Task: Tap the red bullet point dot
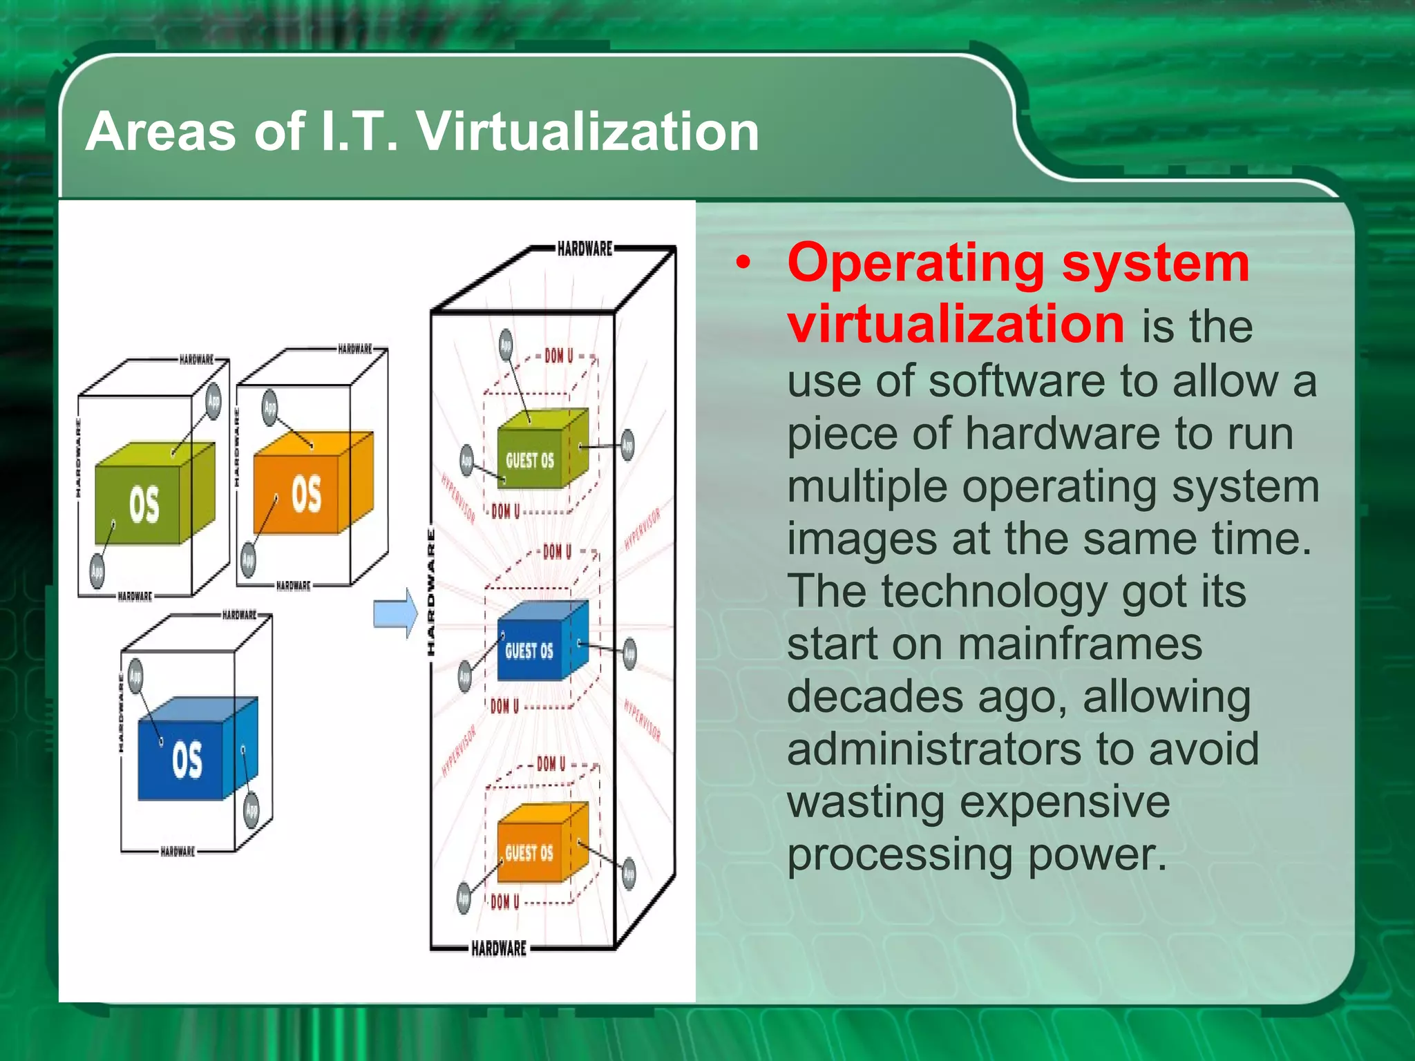point(743,264)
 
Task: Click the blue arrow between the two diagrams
point(395,613)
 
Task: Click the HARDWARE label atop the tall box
point(585,249)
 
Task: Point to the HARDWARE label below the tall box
point(499,948)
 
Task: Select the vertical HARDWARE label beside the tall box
point(431,592)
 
